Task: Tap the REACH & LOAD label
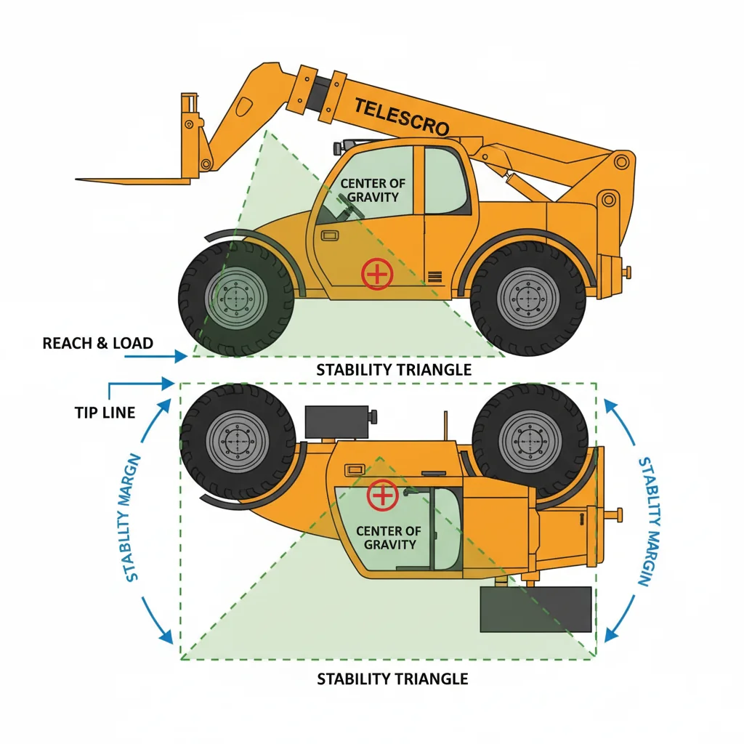tap(98, 343)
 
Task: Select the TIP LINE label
tap(105, 413)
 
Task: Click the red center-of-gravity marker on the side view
tap(376, 274)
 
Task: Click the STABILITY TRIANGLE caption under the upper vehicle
tap(394, 370)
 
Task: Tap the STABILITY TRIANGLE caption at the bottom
tap(392, 679)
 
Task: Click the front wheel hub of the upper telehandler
tap(237, 298)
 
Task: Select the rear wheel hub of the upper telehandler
tap(528, 298)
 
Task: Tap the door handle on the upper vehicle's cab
tap(329, 235)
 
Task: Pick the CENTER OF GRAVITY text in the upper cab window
tap(373, 190)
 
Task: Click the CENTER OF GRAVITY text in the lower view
tap(389, 538)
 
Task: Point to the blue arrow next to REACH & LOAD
tap(175, 356)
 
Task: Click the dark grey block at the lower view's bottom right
tap(536, 609)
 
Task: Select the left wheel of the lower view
tap(237, 441)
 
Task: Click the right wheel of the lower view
tap(528, 441)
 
